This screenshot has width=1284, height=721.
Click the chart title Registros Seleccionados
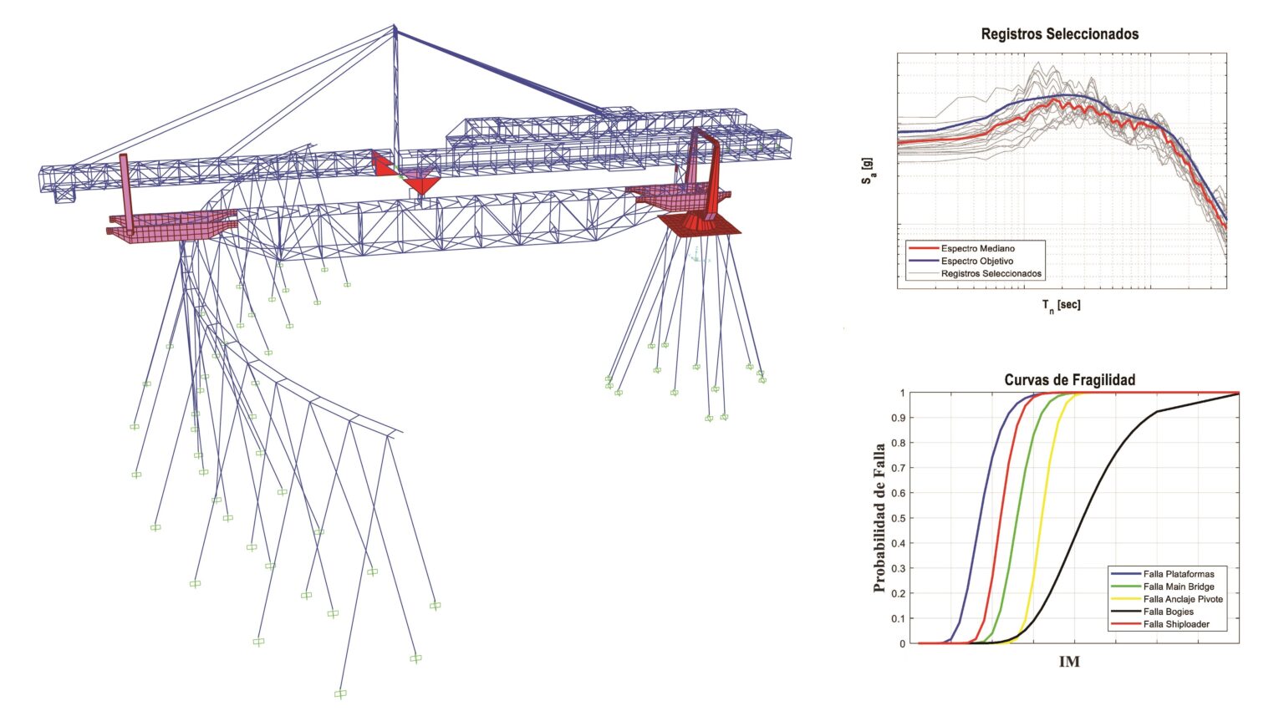1059,34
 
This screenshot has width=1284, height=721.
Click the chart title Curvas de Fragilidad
1069,380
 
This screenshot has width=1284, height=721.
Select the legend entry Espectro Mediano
977,248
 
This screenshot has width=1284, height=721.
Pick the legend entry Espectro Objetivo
976,261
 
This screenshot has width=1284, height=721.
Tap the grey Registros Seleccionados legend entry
991,273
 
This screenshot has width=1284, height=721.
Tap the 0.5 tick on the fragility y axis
897,518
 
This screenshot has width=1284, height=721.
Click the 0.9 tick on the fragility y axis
897,418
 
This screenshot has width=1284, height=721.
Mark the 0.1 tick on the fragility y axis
897,619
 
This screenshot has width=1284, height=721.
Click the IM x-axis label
1069,662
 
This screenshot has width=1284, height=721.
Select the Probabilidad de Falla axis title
879,518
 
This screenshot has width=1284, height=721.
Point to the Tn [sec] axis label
1061,305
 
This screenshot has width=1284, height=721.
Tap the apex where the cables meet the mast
395,28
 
